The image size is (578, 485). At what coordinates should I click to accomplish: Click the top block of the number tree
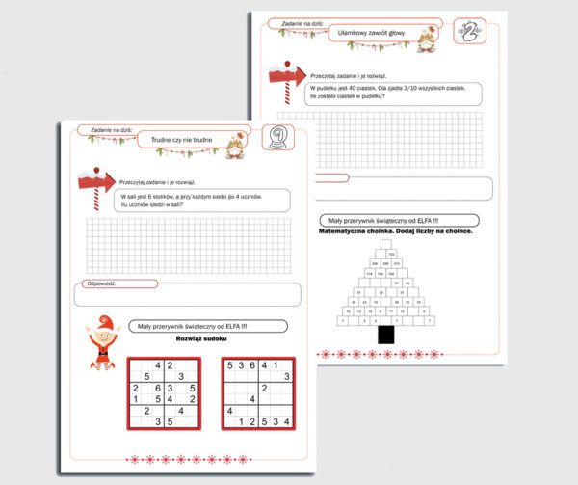point(390,253)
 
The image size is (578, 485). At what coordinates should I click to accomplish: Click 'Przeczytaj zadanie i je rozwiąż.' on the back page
point(351,73)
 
